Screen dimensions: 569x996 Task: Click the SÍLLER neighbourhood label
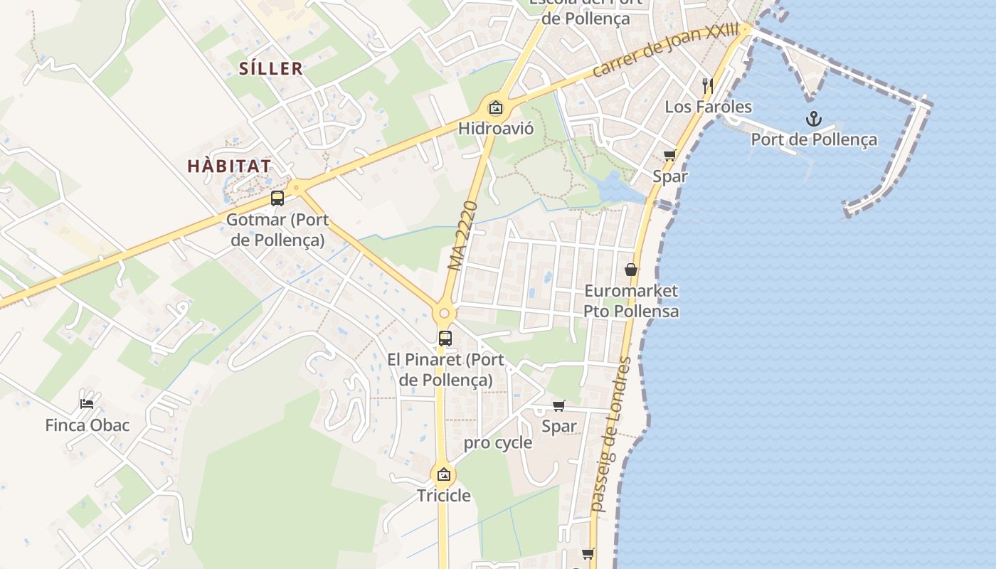click(x=271, y=69)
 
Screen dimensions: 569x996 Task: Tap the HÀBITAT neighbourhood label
click(x=229, y=166)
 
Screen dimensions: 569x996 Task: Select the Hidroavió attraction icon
click(x=495, y=108)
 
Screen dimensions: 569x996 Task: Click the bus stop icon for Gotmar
click(x=277, y=198)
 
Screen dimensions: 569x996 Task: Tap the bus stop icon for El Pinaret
click(x=445, y=339)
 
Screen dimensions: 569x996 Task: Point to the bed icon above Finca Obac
click(x=87, y=403)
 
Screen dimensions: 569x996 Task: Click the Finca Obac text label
click(x=88, y=425)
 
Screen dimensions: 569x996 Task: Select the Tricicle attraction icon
click(x=444, y=474)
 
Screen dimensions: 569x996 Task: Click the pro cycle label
click(x=498, y=443)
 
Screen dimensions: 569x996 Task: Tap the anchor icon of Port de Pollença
click(x=813, y=119)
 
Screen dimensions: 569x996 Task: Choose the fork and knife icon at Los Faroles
click(x=707, y=86)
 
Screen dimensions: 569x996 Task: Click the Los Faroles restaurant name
click(x=708, y=107)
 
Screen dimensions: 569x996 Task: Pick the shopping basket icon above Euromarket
click(x=630, y=270)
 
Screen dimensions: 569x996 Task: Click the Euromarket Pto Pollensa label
click(x=631, y=301)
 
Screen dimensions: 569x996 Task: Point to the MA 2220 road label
click(x=462, y=235)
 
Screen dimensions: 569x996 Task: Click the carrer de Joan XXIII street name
click(x=666, y=51)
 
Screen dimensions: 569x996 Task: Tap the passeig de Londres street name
click(x=611, y=435)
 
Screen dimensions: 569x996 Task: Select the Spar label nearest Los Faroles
click(x=670, y=176)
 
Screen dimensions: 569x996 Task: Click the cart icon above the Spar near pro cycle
click(x=559, y=405)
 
